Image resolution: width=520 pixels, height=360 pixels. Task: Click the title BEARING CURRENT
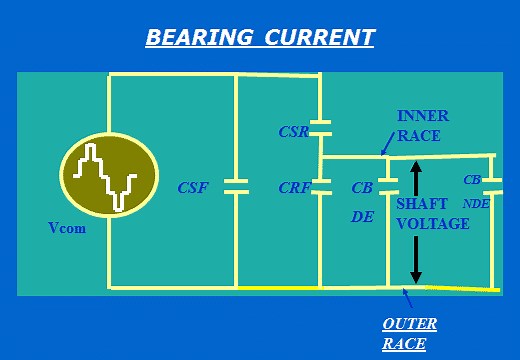260,38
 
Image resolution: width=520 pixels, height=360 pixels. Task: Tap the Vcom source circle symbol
109,176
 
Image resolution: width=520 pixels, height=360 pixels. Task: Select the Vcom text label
67,228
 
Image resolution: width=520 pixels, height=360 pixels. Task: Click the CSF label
193,187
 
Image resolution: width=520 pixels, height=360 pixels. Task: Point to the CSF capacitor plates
236,187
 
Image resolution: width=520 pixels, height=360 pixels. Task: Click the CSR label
293,131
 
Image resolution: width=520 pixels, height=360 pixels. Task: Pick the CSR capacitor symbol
320,127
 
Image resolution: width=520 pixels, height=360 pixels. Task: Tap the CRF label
294,187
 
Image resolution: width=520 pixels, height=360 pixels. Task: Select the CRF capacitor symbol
320,187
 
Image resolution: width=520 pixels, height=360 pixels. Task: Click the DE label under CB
362,215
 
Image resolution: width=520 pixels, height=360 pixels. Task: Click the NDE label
476,202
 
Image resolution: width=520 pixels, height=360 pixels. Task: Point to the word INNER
423,116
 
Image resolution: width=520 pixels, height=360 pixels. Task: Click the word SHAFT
422,204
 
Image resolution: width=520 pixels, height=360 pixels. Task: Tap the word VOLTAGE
432,224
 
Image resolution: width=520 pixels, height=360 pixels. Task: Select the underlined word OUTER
409,324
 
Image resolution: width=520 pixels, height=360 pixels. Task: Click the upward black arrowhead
416,169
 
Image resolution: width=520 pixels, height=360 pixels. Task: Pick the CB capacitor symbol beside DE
388,187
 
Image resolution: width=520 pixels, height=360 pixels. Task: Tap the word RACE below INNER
418,136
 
